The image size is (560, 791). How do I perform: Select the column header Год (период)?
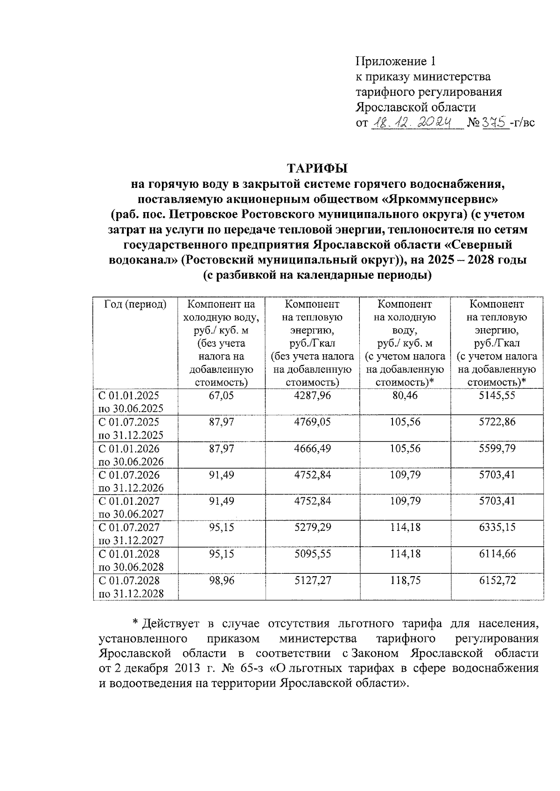tap(135, 304)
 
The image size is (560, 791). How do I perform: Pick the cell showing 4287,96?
tap(312, 395)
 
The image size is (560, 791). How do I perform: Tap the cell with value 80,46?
tap(405, 395)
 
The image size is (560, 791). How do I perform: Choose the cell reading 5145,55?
tap(497, 395)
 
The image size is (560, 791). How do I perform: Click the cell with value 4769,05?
tap(312, 422)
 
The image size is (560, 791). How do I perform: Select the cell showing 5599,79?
tap(497, 448)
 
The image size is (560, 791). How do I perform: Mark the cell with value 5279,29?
tap(312, 527)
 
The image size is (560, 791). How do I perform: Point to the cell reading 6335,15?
tap(497, 527)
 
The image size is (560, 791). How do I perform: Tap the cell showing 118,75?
tap(405, 580)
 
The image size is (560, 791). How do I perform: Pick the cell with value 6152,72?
tap(497, 580)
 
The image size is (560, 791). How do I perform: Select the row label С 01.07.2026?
tap(129, 475)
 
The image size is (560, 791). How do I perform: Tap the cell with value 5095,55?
tap(312, 554)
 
